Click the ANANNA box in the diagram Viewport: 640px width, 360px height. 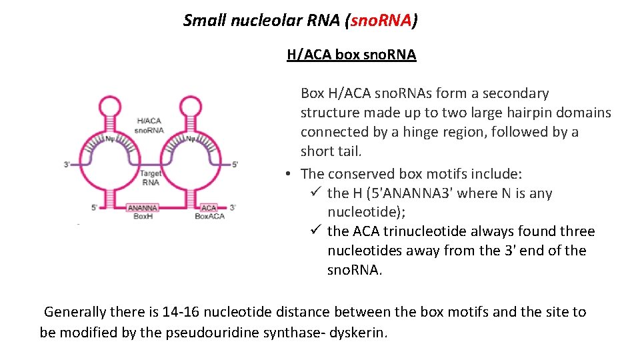pyautogui.click(x=143, y=207)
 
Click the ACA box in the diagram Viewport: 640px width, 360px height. pyautogui.click(x=209, y=207)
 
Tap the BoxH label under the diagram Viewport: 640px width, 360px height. pyautogui.click(x=143, y=216)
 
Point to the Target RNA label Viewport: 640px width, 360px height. pyautogui.click(x=150, y=177)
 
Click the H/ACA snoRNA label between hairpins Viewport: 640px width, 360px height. pyautogui.click(x=149, y=125)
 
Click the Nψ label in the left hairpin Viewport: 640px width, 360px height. pyautogui.click(x=110, y=139)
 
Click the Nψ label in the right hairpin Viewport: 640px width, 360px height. pyautogui.click(x=190, y=139)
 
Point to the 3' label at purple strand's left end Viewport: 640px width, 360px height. pyautogui.click(x=67, y=164)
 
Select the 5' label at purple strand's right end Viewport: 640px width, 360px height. pyautogui.click(x=234, y=164)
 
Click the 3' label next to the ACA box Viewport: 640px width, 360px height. pyautogui.click(x=231, y=207)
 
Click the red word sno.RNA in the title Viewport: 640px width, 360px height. pyautogui.click(x=381, y=21)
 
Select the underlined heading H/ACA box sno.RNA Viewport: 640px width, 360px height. pyautogui.click(x=351, y=55)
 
